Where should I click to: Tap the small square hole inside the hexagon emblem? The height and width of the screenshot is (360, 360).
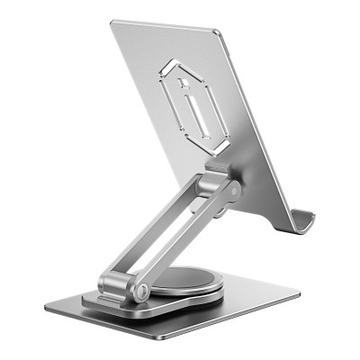click(x=184, y=84)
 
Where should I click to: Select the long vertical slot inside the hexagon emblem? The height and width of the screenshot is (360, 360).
click(x=195, y=113)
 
